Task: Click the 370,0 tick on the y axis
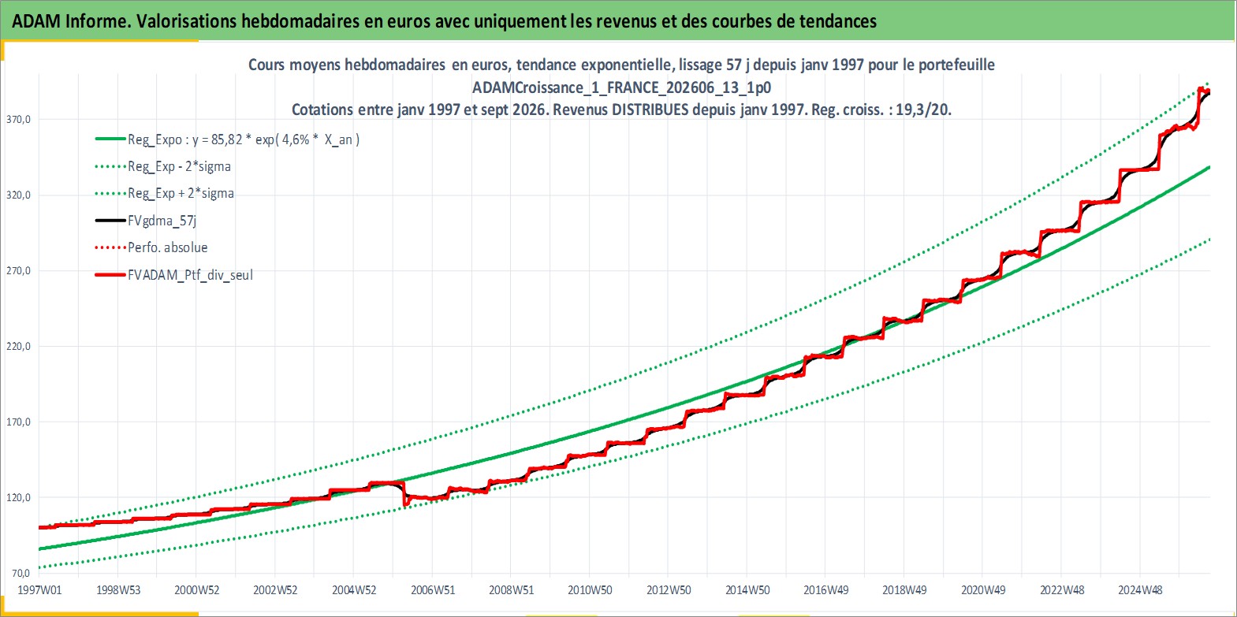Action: tap(17, 120)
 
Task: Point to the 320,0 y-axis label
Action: tap(17, 195)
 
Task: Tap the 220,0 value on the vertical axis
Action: tap(17, 347)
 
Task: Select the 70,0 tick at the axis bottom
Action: tap(20, 574)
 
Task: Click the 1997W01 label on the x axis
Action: tap(39, 590)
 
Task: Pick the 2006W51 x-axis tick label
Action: tap(433, 590)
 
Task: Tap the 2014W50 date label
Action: tap(747, 590)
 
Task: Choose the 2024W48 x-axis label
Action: tap(1140, 590)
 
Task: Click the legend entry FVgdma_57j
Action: tap(162, 221)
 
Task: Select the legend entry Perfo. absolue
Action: tap(168, 247)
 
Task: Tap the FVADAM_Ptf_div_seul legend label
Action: tap(191, 275)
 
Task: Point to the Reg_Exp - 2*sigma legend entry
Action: tap(180, 167)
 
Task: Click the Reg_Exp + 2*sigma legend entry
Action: tap(181, 194)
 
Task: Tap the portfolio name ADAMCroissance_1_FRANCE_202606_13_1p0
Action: tap(622, 87)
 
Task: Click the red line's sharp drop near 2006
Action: tap(404, 494)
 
